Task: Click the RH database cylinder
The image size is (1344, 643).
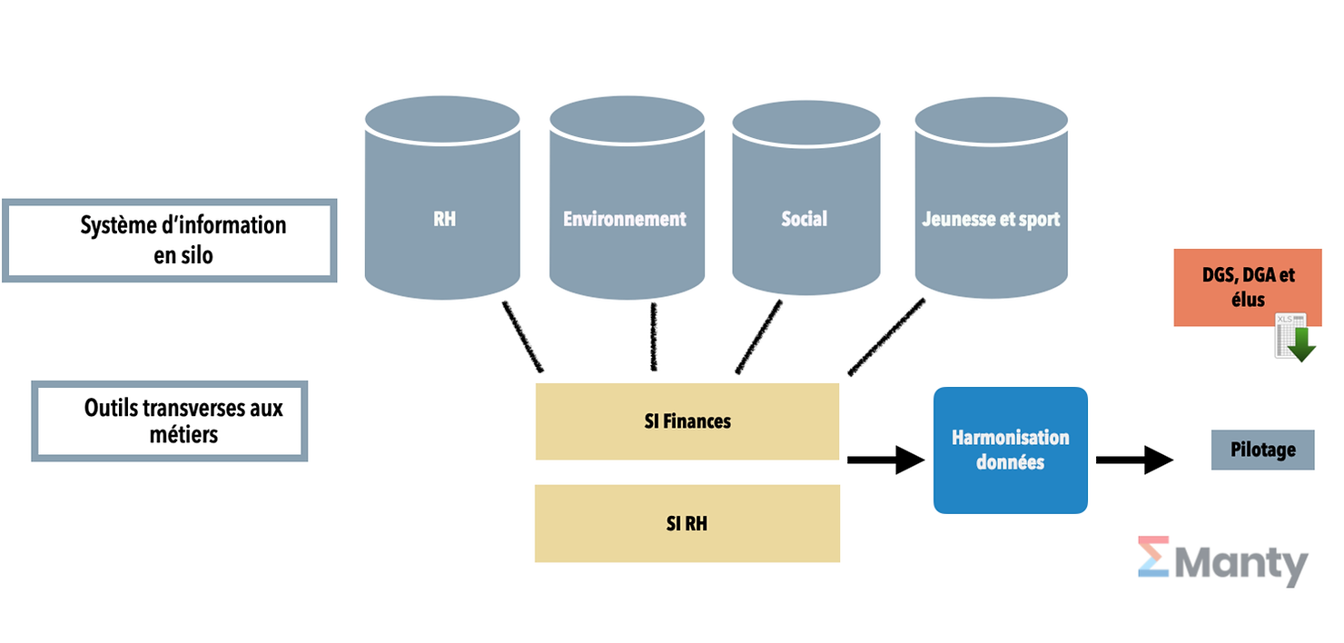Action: click(x=442, y=204)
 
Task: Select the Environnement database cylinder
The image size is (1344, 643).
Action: click(x=627, y=204)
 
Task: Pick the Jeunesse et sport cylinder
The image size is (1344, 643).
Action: click(x=991, y=204)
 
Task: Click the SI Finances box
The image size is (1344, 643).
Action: click(x=687, y=421)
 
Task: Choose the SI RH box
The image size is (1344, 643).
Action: click(x=687, y=523)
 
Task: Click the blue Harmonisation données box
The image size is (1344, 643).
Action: click(x=1010, y=450)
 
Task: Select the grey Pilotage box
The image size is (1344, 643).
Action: click(x=1262, y=450)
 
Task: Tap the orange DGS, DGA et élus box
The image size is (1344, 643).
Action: click(x=1247, y=286)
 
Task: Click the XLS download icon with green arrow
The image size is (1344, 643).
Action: click(x=1294, y=337)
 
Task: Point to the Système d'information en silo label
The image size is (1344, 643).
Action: click(x=170, y=240)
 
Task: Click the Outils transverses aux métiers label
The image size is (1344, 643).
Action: click(x=170, y=420)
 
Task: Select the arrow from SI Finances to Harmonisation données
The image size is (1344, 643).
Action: click(x=884, y=460)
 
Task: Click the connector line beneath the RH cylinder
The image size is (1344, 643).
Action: click(x=522, y=337)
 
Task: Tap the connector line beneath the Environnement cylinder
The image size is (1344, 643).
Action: click(x=653, y=337)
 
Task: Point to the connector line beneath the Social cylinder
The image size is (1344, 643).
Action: click(x=758, y=337)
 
